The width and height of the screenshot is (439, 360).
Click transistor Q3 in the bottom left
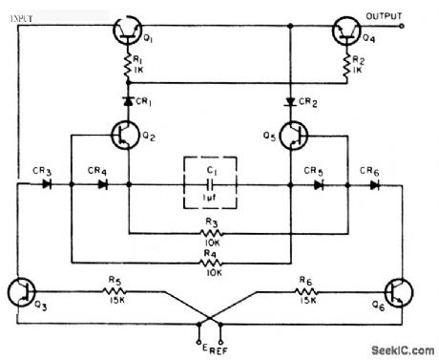tap(21, 291)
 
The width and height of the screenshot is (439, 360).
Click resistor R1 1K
tap(126, 68)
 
